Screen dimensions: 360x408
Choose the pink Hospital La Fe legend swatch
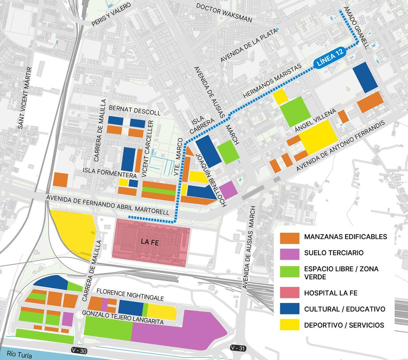[x=289, y=293]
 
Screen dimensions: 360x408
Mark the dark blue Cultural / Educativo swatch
[x=289, y=309]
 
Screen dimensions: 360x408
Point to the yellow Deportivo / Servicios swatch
[x=289, y=325]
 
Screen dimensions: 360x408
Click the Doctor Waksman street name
[x=229, y=13]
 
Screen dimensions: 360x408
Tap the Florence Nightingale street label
[x=130, y=295]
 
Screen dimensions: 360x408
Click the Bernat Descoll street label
[x=134, y=110]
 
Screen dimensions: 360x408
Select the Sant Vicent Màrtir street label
[x=25, y=98]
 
